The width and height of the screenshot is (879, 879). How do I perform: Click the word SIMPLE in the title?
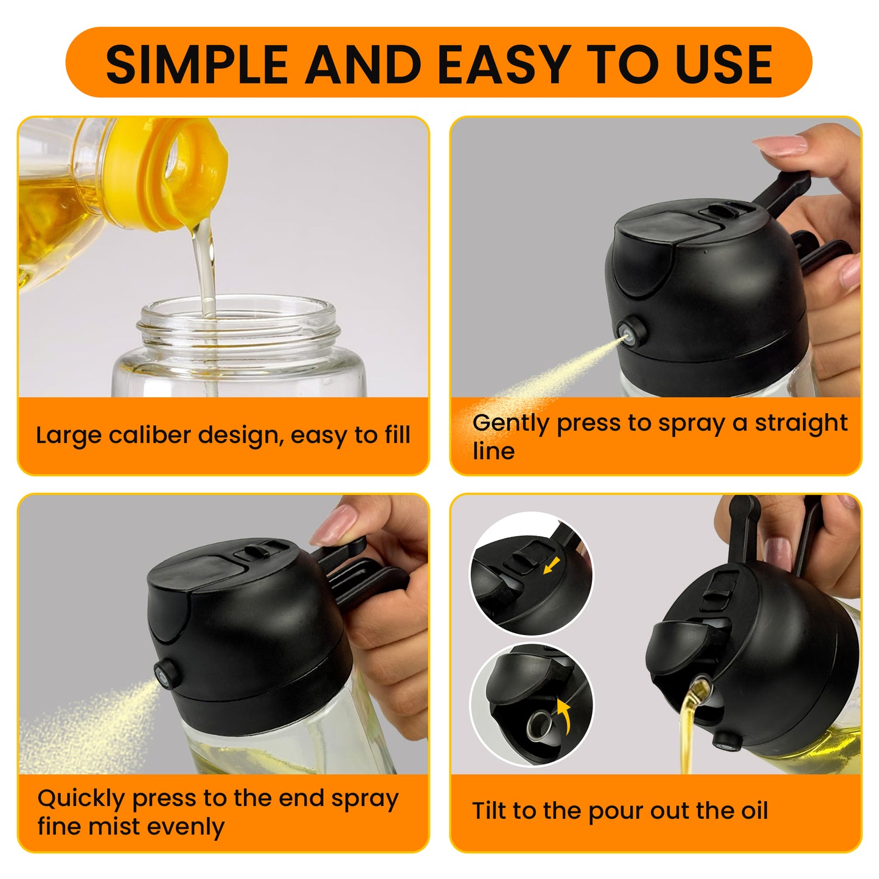coord(196,64)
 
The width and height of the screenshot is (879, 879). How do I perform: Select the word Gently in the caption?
coord(511,423)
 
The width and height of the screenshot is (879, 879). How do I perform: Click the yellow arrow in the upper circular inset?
coord(551,567)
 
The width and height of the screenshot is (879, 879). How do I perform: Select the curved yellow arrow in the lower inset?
coord(565,717)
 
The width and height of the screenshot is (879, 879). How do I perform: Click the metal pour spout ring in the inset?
coord(539,726)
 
